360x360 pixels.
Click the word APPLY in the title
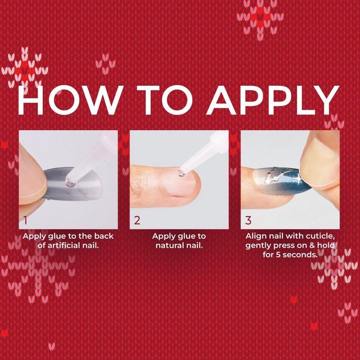(272, 101)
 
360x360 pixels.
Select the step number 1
(25, 220)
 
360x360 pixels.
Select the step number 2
(137, 220)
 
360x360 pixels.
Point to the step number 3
(248, 220)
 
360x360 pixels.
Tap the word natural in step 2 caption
(170, 245)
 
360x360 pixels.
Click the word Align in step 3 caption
(257, 236)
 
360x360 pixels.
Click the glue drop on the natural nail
(181, 173)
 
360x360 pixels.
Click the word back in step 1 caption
(100, 236)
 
